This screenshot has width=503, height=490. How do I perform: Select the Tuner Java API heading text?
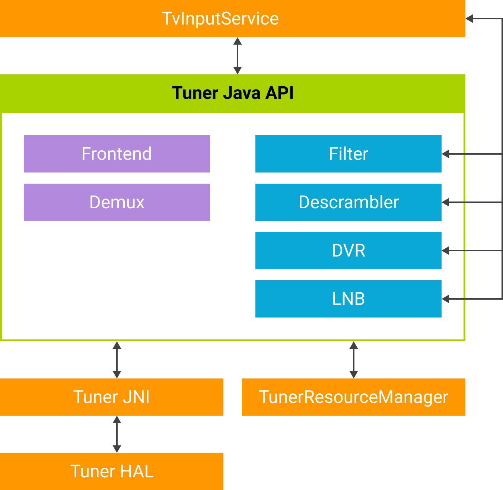pyautogui.click(x=232, y=93)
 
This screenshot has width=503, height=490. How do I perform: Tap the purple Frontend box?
pyautogui.click(x=117, y=154)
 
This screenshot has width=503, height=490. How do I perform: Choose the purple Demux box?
pyautogui.click(x=117, y=202)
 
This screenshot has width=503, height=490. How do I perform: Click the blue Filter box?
pyautogui.click(x=348, y=154)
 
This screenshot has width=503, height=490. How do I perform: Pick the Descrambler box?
pyautogui.click(x=348, y=202)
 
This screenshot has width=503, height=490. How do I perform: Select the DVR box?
pyautogui.click(x=348, y=251)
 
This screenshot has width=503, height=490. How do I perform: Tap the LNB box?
pyautogui.click(x=348, y=299)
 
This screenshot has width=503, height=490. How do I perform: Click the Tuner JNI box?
pyautogui.click(x=111, y=397)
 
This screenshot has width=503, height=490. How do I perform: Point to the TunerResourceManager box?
pyautogui.click(x=353, y=397)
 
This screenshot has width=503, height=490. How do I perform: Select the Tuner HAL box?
pyautogui.click(x=111, y=471)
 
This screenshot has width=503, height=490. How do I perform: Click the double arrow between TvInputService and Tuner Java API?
pyautogui.click(x=238, y=56)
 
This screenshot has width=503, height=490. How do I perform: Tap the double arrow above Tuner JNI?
pyautogui.click(x=117, y=360)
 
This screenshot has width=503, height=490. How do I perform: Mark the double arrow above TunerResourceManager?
pyautogui.click(x=354, y=360)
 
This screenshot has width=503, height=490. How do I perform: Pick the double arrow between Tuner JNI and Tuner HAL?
pyautogui.click(x=117, y=434)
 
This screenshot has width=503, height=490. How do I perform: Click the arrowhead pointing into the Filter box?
pyautogui.click(x=446, y=154)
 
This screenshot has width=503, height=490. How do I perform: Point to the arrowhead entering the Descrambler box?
pyautogui.click(x=446, y=202)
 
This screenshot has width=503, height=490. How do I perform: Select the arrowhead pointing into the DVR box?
pyautogui.click(x=446, y=251)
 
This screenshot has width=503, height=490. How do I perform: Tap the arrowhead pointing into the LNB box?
pyautogui.click(x=446, y=299)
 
